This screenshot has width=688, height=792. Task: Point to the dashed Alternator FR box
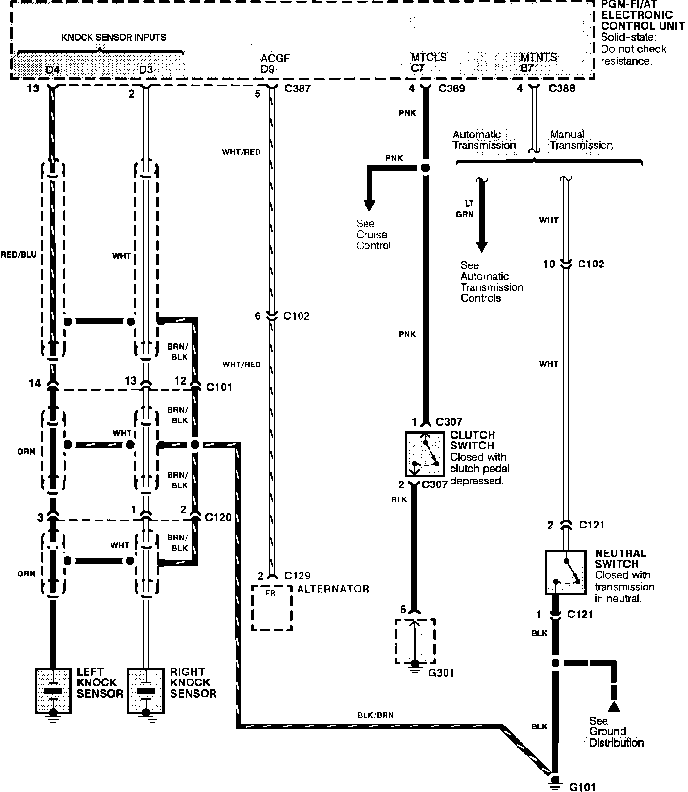(x=272, y=607)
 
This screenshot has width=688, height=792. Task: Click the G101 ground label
(x=583, y=787)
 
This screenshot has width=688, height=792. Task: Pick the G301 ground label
(x=441, y=673)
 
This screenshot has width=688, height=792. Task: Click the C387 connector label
(x=297, y=89)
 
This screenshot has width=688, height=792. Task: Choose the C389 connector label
(x=451, y=88)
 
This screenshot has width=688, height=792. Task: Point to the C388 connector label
(x=562, y=88)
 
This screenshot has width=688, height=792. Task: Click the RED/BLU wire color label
(x=19, y=254)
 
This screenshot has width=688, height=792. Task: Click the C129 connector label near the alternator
(x=297, y=575)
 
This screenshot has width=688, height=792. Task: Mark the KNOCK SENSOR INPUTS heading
(x=114, y=37)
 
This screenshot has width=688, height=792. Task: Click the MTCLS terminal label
(x=429, y=58)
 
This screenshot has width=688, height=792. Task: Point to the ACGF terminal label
(x=275, y=59)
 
